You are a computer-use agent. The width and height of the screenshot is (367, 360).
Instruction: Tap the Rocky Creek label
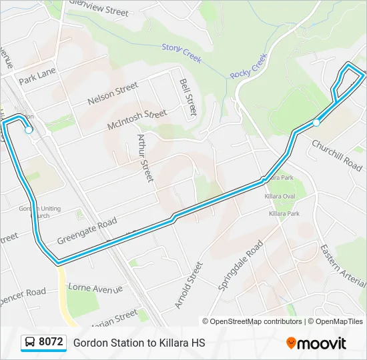(248, 66)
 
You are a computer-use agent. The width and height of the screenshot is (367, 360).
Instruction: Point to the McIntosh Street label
(137, 119)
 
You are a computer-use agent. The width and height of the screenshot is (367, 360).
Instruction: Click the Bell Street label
(189, 96)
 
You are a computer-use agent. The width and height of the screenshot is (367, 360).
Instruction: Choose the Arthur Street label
(145, 157)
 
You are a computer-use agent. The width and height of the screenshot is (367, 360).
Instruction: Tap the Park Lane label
(37, 76)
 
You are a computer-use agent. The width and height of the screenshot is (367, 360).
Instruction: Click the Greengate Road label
(87, 231)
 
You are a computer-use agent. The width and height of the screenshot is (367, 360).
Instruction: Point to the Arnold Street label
(188, 285)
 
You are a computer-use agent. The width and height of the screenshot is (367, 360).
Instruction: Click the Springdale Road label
(241, 265)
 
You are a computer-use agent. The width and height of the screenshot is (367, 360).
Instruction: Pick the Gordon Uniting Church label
(39, 212)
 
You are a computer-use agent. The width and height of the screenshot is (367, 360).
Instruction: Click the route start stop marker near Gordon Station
(29, 130)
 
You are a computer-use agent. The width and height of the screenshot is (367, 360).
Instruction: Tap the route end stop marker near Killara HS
(316, 123)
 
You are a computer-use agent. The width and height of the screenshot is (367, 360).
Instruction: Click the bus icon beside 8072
(30, 343)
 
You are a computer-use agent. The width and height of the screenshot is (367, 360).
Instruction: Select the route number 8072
(51, 343)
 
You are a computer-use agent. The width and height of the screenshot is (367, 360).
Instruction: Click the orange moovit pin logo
(291, 343)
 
